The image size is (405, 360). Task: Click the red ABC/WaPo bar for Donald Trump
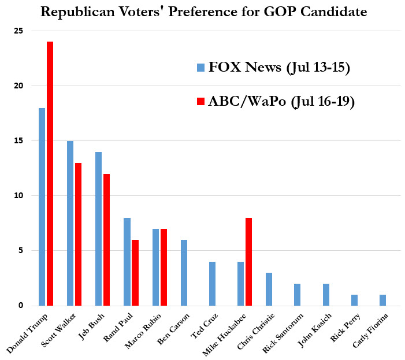50,173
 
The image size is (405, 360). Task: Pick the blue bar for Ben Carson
184,272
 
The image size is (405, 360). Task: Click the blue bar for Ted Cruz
212,283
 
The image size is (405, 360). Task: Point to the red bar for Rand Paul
135,272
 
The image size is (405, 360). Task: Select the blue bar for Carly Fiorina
382,300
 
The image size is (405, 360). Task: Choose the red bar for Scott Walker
78,234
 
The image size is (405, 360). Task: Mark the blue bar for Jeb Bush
98,228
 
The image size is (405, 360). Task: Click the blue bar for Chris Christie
269,289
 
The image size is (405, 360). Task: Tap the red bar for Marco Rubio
164,267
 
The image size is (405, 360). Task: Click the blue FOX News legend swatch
200,67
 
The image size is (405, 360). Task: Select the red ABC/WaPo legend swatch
200,102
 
